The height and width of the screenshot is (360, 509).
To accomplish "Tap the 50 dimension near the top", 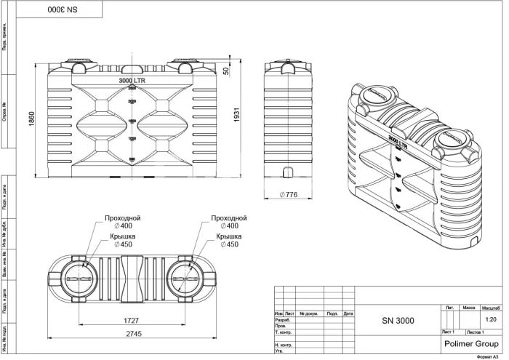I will (x=226, y=71).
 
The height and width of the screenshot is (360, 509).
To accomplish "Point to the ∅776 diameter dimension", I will (x=290, y=194).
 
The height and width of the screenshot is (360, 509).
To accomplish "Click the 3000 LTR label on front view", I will (x=132, y=81).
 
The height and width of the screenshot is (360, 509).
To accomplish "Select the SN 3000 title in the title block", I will (x=398, y=320).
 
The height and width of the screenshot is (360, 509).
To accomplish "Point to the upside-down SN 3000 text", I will (x=61, y=12).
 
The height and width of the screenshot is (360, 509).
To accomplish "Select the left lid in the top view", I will (x=76, y=279).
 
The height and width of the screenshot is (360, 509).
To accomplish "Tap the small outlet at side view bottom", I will (x=287, y=172).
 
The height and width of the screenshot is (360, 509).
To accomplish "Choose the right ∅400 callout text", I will (x=228, y=226).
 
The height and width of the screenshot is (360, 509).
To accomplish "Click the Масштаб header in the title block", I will (x=490, y=308).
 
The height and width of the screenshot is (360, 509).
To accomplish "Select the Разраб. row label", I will (x=283, y=320).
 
